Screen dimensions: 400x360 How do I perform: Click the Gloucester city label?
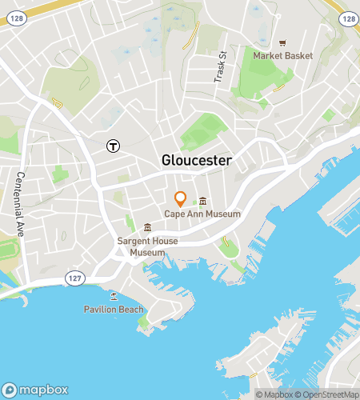point(197,161)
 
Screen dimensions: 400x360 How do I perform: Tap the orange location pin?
point(181,199)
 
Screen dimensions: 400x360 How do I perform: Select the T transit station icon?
point(114,146)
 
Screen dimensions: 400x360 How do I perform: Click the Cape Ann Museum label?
point(202,214)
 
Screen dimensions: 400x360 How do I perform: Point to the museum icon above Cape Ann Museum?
point(203,202)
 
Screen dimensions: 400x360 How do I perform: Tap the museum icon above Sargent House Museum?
point(146,228)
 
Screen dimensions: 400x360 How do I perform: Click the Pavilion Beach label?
point(114,310)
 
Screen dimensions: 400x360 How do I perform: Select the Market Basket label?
point(282,56)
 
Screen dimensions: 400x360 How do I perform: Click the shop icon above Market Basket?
point(282,43)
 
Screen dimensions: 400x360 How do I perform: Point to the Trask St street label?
point(221,68)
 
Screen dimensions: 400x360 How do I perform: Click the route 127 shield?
point(72,277)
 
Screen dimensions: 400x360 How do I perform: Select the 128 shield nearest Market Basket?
point(347,18)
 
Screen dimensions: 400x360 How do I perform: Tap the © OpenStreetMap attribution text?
point(326,394)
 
